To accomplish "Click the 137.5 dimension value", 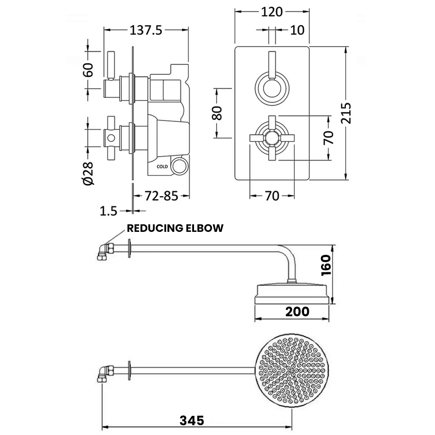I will (x=146, y=30).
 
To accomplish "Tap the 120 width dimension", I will (x=272, y=12).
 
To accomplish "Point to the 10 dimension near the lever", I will (x=297, y=30).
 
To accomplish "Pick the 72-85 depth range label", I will (x=161, y=196).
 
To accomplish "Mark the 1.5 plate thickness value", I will (x=109, y=211).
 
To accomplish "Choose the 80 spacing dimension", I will (x=217, y=113).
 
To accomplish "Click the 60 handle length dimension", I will (x=88, y=70).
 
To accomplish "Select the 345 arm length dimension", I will (x=191, y=421).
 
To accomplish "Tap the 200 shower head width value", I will (x=297, y=311).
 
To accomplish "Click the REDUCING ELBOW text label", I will (x=175, y=228).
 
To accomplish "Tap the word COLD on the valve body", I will (x=162, y=166).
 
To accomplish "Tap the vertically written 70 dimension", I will (x=329, y=137).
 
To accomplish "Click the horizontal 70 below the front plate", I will (x=272, y=196).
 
